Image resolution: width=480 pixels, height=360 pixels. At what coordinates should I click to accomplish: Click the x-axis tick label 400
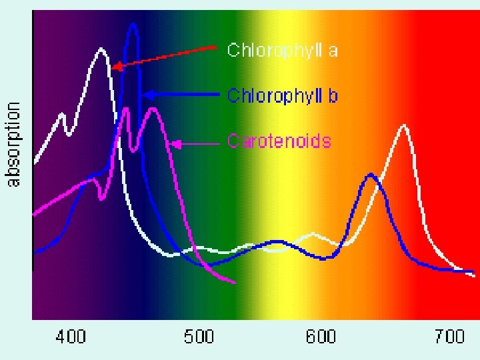[71, 337]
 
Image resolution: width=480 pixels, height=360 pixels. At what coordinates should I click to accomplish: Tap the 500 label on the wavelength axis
[199, 337]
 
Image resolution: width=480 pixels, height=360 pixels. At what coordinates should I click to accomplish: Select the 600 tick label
[321, 337]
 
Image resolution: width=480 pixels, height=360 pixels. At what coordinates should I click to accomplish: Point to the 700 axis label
[449, 337]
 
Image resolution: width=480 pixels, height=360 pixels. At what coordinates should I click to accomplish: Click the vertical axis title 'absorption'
[13, 144]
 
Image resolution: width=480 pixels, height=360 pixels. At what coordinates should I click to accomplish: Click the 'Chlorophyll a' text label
[282, 50]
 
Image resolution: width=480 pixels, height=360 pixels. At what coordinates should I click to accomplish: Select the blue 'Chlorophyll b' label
[282, 95]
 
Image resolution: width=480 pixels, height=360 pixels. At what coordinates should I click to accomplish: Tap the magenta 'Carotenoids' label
[279, 141]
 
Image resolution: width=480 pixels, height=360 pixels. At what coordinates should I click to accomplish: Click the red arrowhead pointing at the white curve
[116, 67]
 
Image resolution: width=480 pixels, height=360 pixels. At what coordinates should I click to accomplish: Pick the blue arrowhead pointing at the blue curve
[147, 95]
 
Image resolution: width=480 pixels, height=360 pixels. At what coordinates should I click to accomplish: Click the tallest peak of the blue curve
[133, 25]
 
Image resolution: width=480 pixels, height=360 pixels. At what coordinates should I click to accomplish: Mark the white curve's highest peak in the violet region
[101, 49]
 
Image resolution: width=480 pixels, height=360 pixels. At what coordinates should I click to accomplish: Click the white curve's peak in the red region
[404, 125]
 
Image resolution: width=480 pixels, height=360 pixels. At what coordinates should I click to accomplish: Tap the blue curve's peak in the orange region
[371, 175]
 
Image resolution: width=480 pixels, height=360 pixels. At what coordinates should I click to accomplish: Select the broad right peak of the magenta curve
[153, 109]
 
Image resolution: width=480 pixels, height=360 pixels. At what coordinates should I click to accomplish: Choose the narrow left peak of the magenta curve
[126, 109]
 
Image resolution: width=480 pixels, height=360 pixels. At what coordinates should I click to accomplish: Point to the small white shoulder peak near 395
[62, 115]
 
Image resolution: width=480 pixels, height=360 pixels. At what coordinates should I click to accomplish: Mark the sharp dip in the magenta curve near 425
[101, 199]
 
